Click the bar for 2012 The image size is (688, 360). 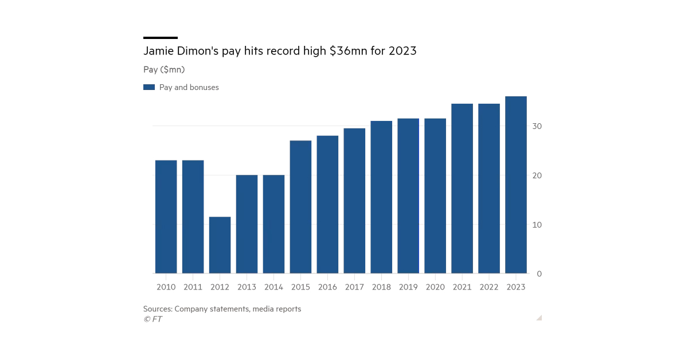(220, 245)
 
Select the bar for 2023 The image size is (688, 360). (516, 185)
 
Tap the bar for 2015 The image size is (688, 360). (300, 207)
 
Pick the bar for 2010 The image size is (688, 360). (166, 217)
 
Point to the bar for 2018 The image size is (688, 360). (381, 197)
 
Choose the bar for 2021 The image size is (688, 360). (462, 189)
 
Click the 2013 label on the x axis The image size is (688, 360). (247, 287)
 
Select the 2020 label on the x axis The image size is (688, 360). (435, 287)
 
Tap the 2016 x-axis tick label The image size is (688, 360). (327, 287)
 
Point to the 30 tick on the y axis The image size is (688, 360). (537, 126)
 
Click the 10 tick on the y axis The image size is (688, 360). (537, 225)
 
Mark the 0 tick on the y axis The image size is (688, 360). (539, 274)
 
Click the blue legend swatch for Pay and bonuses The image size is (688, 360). (149, 88)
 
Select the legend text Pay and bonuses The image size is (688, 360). (189, 88)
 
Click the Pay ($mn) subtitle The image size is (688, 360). (164, 69)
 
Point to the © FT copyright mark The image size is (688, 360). (153, 319)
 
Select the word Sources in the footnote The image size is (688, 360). (158, 309)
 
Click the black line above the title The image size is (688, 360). (161, 38)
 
